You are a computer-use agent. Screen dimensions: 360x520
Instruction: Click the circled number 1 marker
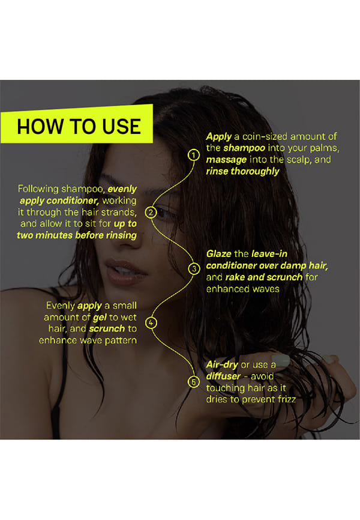(x=194, y=155)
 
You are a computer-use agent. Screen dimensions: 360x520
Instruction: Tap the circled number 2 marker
(x=151, y=212)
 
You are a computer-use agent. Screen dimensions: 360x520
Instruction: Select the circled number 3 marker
(x=194, y=268)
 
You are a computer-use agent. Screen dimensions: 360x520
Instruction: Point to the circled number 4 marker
(x=151, y=322)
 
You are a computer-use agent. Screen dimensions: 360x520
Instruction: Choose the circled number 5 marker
(x=194, y=382)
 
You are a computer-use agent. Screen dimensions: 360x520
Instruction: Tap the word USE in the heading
(x=121, y=126)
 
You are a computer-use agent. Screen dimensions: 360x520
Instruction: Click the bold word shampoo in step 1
(x=244, y=148)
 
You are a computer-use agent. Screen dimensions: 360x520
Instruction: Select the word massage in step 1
(x=226, y=160)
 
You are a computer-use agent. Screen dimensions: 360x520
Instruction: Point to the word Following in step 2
(x=38, y=189)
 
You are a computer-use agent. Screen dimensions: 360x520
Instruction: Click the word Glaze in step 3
(x=219, y=254)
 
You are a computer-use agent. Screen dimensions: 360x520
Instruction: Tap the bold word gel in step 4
(x=100, y=318)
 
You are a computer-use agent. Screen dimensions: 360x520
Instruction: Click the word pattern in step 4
(x=121, y=340)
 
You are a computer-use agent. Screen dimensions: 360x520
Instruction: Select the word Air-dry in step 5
(x=222, y=365)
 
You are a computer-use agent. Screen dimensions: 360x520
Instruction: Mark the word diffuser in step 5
(x=223, y=376)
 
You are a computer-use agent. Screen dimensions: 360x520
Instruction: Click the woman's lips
(x=125, y=271)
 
